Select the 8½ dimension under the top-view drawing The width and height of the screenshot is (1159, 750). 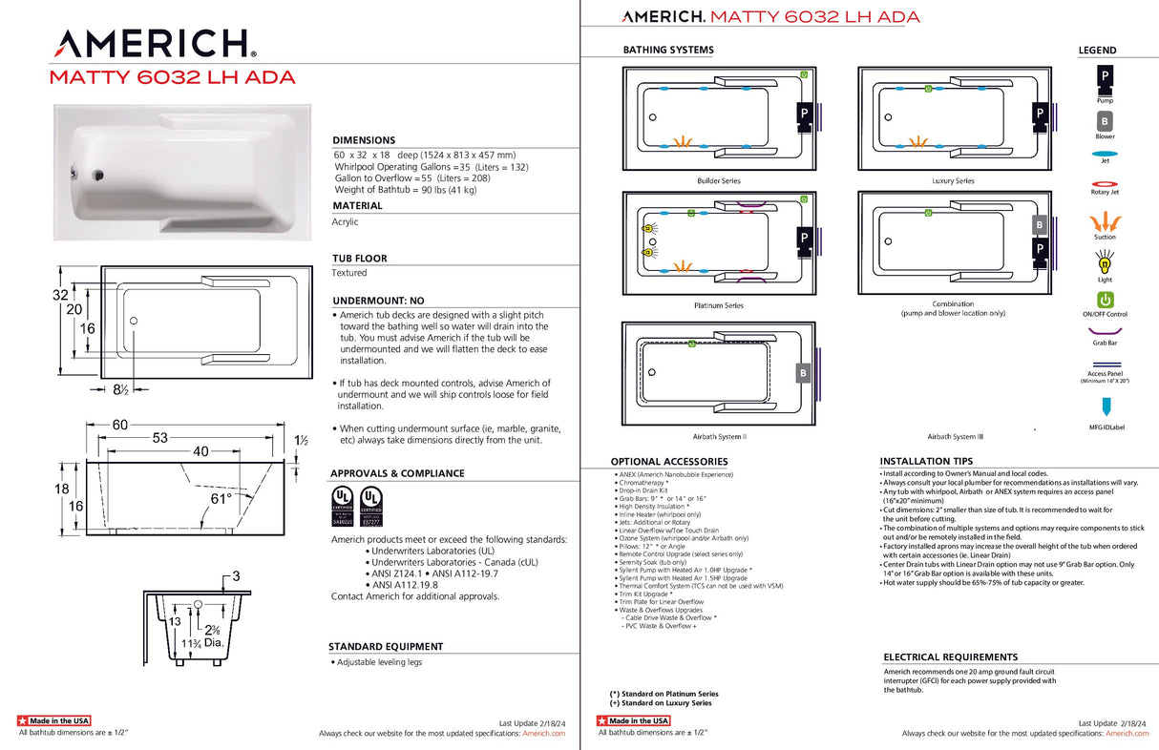(121, 389)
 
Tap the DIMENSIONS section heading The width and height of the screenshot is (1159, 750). (364, 140)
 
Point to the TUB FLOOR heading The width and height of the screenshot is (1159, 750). (359, 259)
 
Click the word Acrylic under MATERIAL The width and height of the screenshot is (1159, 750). (345, 221)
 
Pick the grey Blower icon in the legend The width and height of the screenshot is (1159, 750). (1105, 122)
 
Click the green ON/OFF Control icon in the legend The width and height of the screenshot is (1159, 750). (1105, 300)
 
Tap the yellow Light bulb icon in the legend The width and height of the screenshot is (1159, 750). (1105, 260)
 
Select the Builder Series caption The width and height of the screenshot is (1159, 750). (718, 180)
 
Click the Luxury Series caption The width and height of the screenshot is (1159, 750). (953, 180)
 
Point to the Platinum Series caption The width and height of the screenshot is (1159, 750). (718, 305)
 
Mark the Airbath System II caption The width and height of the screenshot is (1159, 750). (719, 436)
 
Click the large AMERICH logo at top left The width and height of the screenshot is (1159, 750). (153, 44)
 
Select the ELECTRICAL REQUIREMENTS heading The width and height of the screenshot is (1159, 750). (950, 657)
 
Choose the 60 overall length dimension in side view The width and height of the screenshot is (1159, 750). (120, 424)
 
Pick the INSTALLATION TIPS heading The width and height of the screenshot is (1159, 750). (928, 461)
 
